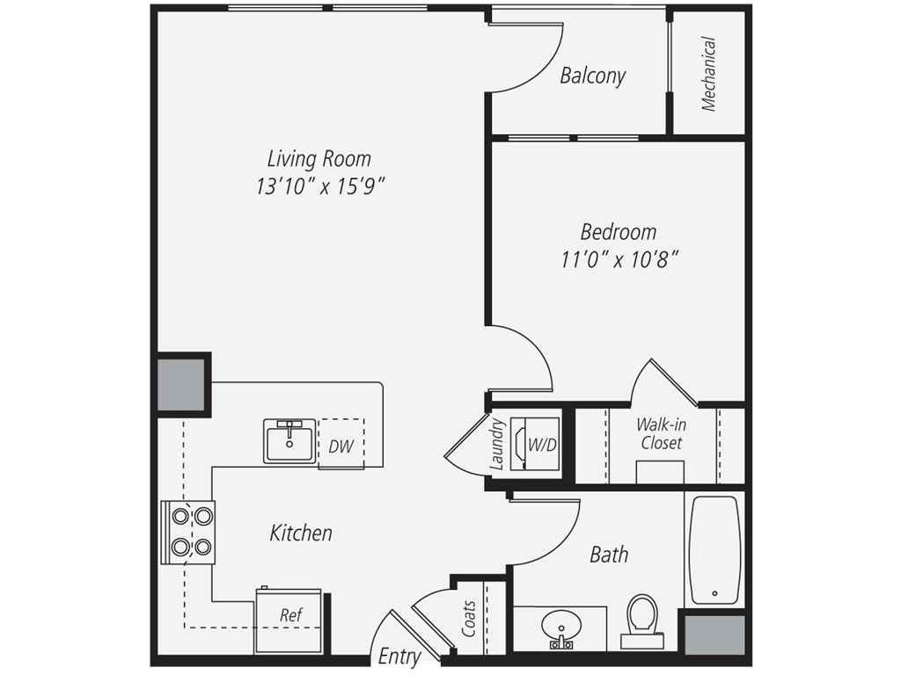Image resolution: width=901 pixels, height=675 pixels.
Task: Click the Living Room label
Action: click(x=319, y=158)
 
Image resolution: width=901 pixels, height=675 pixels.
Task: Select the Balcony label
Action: click(x=592, y=76)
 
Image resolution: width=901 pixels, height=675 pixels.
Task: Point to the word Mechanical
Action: click(x=708, y=74)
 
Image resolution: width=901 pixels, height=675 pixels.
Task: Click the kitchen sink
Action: click(x=289, y=441)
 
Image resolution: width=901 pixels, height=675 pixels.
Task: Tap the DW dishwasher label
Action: click(x=341, y=446)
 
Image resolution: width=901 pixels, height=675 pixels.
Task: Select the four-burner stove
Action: click(x=188, y=532)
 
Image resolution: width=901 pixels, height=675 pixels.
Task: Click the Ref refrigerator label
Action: click(x=290, y=615)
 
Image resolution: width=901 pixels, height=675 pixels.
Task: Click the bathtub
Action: click(x=714, y=549)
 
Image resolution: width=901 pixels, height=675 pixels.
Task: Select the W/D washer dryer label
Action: click(x=542, y=446)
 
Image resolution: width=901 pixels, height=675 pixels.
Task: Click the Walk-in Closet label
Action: click(x=662, y=434)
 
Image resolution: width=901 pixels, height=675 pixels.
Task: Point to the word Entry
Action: click(x=399, y=656)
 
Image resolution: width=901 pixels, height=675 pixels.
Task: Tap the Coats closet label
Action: click(x=469, y=618)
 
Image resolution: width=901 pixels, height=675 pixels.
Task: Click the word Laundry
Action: click(x=497, y=445)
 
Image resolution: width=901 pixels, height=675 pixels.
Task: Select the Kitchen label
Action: click(x=301, y=533)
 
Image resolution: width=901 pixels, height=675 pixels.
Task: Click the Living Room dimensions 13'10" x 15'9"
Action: click(x=320, y=186)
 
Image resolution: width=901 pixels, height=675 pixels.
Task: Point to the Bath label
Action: click(x=609, y=555)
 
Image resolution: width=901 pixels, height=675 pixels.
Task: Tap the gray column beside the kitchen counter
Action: click(x=181, y=384)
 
